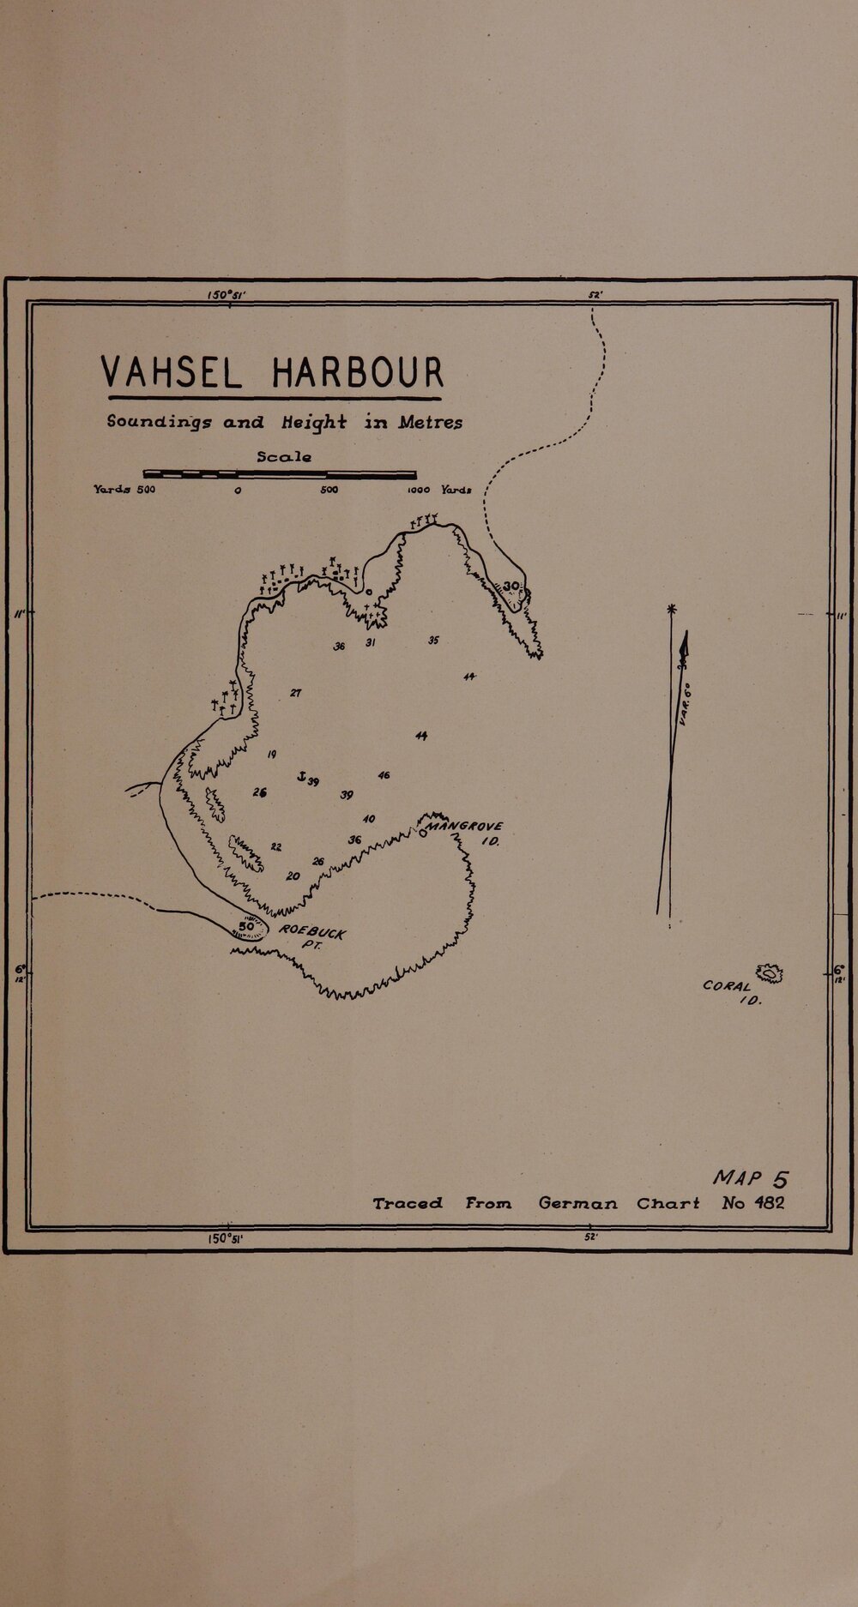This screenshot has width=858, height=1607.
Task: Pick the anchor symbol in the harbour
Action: (x=301, y=776)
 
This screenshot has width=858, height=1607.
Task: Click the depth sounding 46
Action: (x=384, y=775)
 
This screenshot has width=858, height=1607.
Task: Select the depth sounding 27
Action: (x=294, y=692)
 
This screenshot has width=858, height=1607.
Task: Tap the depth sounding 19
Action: (x=271, y=754)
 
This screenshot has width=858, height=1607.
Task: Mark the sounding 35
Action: (x=433, y=641)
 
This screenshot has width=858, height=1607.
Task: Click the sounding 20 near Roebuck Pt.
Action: (x=293, y=876)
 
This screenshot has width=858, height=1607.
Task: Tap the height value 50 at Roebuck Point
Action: (x=246, y=927)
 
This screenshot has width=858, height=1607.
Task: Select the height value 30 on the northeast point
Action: (x=511, y=587)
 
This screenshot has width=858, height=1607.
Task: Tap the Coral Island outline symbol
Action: (x=770, y=972)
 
